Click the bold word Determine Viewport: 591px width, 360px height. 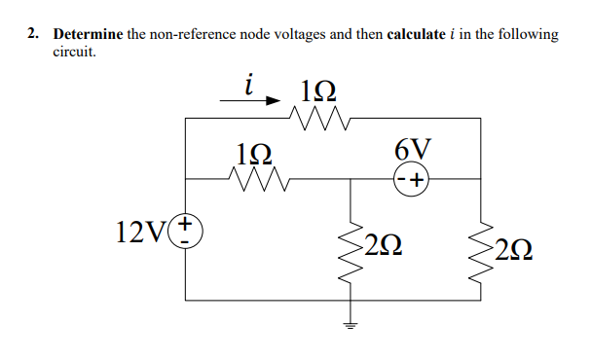click(89, 34)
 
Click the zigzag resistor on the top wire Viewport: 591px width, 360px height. click(320, 119)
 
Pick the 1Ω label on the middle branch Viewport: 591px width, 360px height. click(254, 153)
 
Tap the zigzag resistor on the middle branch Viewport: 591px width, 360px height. click(255, 178)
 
